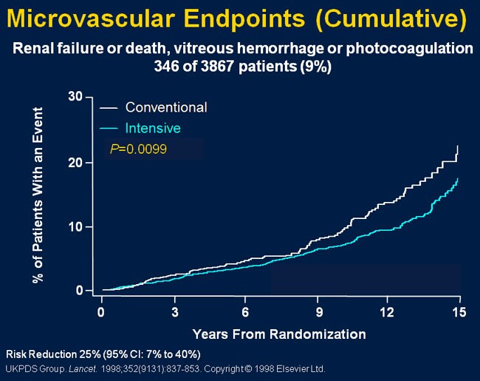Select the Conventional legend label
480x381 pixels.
(166, 107)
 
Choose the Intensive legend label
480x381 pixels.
(153, 128)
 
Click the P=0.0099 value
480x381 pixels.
(138, 149)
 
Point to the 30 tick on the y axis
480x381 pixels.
(75, 97)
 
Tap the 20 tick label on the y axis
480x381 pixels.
(75, 162)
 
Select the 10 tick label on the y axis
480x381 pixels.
(75, 226)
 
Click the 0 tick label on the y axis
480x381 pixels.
(78, 291)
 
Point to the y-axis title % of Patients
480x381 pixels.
(38, 196)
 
